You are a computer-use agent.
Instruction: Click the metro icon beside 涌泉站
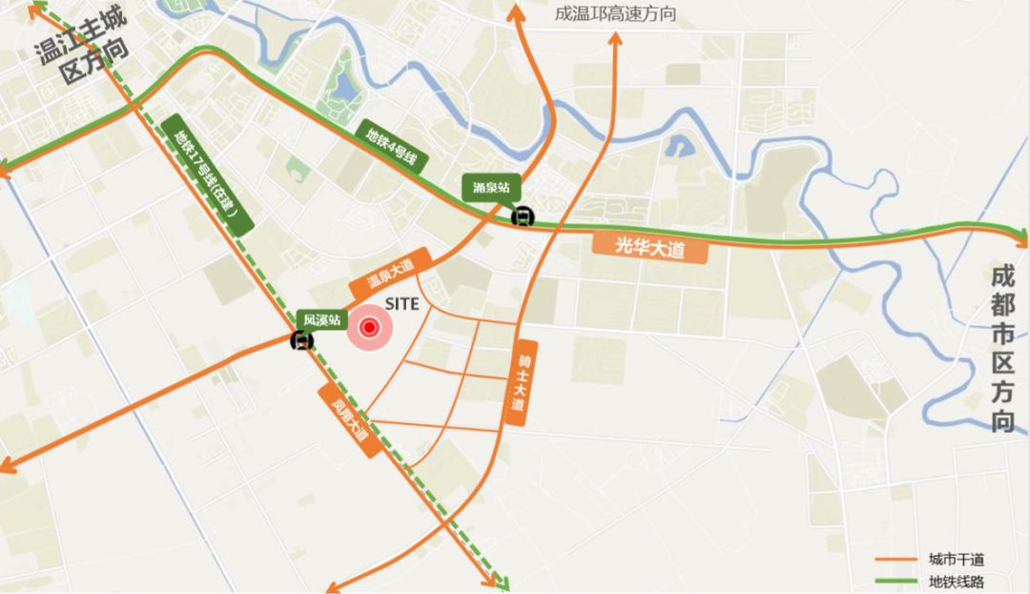pyautogui.click(x=522, y=216)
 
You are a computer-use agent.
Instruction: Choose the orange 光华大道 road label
pyautogui.click(x=650, y=248)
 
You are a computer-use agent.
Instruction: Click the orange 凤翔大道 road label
pyautogui.click(x=349, y=420)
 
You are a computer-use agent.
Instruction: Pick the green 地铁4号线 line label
pyautogui.click(x=391, y=146)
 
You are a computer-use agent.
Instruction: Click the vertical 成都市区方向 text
pyautogui.click(x=1002, y=349)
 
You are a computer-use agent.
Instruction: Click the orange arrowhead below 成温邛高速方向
pyautogui.click(x=614, y=41)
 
